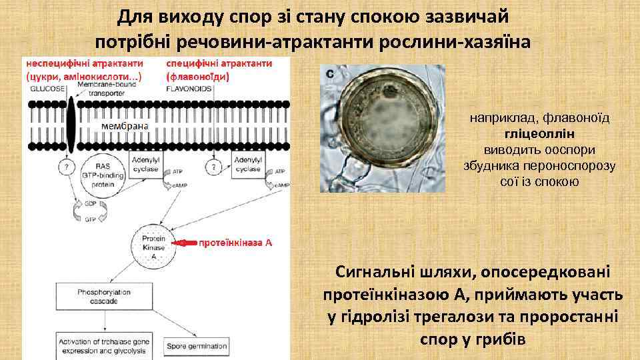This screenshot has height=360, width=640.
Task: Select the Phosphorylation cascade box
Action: click(97, 296)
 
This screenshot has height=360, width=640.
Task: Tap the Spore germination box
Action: click(197, 346)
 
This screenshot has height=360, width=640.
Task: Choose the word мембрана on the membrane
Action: click(125, 125)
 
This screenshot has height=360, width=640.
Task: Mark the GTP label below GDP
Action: click(91, 218)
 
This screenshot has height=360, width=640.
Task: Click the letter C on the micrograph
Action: click(329, 75)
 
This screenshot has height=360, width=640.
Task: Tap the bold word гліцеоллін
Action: click(539, 133)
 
